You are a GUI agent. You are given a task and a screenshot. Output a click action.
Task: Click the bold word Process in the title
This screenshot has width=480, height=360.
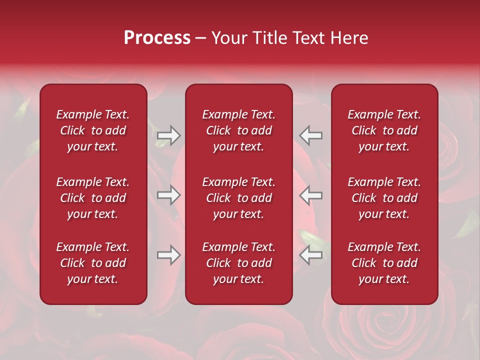157,38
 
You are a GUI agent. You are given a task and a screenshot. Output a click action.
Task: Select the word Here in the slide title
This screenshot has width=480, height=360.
349,38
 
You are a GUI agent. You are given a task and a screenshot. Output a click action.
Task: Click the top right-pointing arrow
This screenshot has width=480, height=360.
169,135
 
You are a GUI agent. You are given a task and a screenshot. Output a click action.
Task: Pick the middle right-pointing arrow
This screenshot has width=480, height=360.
169,195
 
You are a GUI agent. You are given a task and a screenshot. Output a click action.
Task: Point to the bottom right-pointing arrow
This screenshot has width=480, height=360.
169,255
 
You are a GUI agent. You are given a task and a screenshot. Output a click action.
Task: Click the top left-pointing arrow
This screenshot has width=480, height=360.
311,135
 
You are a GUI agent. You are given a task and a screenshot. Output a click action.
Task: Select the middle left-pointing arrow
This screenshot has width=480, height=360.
311,195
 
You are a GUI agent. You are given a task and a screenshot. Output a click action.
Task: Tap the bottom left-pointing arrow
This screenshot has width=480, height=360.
311,255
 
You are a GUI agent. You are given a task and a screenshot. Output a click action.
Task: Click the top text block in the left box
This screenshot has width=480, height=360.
93,130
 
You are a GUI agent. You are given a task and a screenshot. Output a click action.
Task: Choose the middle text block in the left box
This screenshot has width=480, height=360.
93,198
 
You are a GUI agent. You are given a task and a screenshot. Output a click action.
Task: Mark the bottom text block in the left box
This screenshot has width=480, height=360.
93,263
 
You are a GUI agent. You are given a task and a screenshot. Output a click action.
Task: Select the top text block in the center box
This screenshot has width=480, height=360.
239,130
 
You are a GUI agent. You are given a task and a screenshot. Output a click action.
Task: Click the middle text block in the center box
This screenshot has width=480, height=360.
239,198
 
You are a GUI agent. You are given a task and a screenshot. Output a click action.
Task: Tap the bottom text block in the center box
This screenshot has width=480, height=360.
239,263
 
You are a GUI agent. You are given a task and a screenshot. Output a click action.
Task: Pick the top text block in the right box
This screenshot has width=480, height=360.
384,130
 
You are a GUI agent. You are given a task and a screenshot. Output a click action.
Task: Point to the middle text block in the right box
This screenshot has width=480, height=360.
384,198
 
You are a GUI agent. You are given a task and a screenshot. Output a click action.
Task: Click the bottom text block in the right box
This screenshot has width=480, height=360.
384,263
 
